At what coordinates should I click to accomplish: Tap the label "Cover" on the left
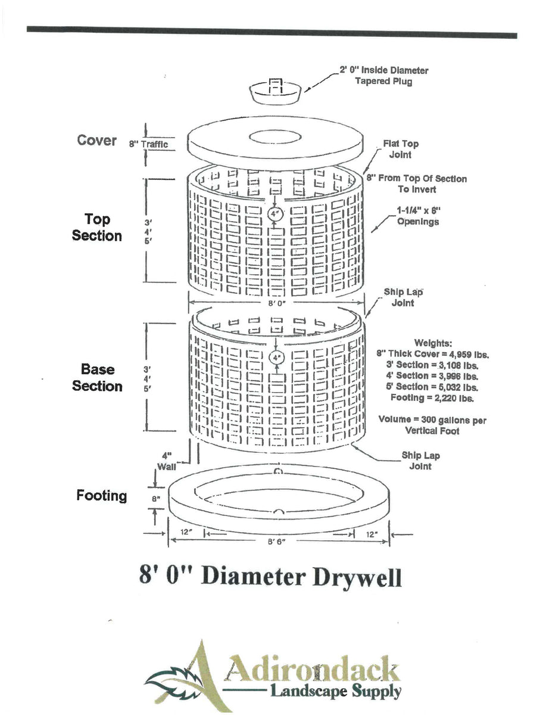pyautogui.click(x=96, y=141)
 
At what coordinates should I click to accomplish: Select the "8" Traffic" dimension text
pyautogui.click(x=148, y=144)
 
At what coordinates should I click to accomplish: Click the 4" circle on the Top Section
pyautogui.click(x=275, y=213)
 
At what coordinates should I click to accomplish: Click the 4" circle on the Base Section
pyautogui.click(x=276, y=358)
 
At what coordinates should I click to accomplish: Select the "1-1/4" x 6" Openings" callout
pyautogui.click(x=419, y=216)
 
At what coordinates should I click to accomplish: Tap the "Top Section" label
pyautogui.click(x=96, y=228)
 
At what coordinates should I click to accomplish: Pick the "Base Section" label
pyautogui.click(x=97, y=378)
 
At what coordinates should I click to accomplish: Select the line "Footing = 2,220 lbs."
pyautogui.click(x=432, y=397)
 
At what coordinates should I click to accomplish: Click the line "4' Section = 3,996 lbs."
pyautogui.click(x=432, y=375)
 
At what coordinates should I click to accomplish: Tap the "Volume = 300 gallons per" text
pyautogui.click(x=432, y=420)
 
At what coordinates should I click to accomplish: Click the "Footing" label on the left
pyautogui.click(x=101, y=496)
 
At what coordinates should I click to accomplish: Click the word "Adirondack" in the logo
pyautogui.click(x=310, y=670)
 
